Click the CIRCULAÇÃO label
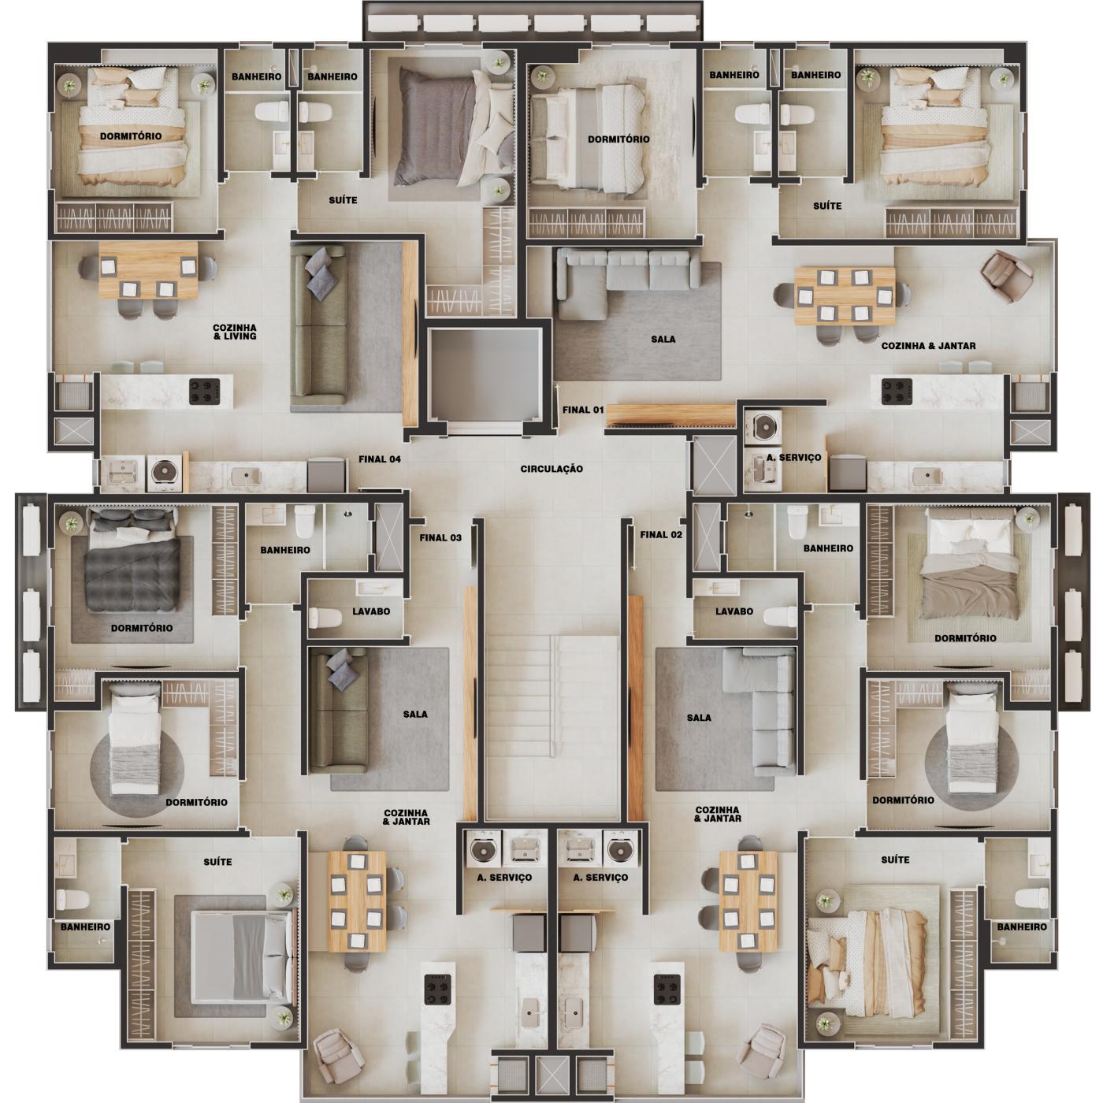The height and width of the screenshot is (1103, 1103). tap(551, 469)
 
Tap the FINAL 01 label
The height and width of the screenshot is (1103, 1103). tap(583, 410)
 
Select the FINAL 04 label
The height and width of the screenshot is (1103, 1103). tap(380, 459)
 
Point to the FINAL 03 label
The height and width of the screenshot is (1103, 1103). tap(440, 538)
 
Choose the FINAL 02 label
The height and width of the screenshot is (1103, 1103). tap(661, 535)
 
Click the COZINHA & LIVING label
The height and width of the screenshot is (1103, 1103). tap(234, 332)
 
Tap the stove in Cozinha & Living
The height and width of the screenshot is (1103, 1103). tap(205, 391)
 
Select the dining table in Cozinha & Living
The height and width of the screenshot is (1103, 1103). tap(147, 270)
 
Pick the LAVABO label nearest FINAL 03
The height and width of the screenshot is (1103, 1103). tap(371, 611)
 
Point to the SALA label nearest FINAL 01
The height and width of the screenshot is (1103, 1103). tap(663, 340)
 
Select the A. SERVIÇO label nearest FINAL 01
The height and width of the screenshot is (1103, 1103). tap(793, 458)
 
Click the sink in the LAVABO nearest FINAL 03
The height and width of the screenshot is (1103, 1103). tap(368, 588)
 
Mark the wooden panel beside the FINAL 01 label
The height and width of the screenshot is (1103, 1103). tap(670, 414)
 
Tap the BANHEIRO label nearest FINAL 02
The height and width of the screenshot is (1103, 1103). tap(828, 548)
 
